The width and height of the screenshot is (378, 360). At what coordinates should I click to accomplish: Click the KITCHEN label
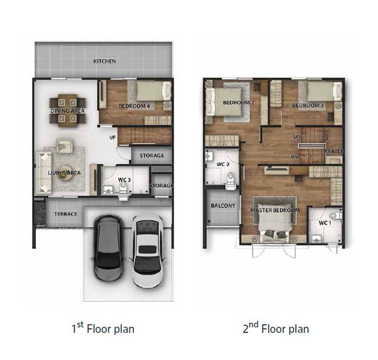(x=104, y=61)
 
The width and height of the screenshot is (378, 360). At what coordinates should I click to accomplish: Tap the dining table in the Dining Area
(x=68, y=111)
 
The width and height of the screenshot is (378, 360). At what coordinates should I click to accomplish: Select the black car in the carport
(x=109, y=248)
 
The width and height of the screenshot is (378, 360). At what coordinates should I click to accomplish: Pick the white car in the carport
(x=148, y=252)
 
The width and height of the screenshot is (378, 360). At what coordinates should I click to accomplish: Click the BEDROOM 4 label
(x=134, y=106)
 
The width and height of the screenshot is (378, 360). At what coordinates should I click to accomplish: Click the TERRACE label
(x=66, y=214)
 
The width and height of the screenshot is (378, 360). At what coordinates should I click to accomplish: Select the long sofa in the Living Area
(x=44, y=173)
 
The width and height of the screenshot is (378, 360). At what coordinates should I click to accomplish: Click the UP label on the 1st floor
(x=112, y=137)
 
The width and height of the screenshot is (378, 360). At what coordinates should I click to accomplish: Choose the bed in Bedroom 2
(x=224, y=102)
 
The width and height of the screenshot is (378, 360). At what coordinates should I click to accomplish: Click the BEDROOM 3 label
(x=308, y=105)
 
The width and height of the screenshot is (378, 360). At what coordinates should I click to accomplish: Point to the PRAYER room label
(x=334, y=151)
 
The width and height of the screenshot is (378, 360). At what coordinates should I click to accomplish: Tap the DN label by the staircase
(x=295, y=156)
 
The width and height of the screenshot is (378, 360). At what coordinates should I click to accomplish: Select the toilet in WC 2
(x=230, y=181)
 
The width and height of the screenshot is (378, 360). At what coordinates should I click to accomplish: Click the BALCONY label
(x=223, y=206)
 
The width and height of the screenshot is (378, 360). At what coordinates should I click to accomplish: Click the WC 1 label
(x=325, y=223)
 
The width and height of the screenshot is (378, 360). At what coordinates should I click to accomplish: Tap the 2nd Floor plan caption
(x=276, y=328)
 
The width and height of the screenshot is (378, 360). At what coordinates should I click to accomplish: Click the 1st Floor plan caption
(x=103, y=328)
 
